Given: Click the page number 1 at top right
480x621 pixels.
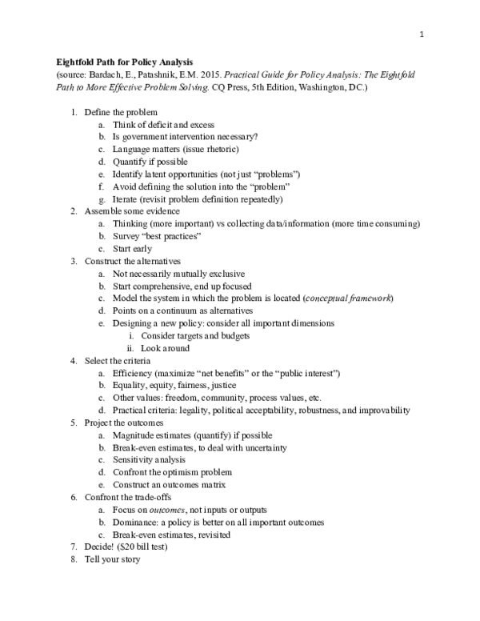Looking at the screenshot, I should tap(421, 34).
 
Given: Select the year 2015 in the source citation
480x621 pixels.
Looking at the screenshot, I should tap(202, 74).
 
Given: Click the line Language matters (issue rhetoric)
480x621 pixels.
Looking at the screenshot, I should tap(175, 150).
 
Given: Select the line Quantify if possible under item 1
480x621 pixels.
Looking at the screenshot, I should tap(150, 162).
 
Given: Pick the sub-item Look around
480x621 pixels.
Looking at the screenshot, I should tap(165, 348).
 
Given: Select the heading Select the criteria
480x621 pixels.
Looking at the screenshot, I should tap(122, 361).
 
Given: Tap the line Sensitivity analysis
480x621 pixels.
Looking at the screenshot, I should tap(149, 460).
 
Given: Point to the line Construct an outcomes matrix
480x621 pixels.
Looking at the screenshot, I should tap(169, 485).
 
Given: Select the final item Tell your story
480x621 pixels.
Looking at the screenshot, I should tap(112, 559).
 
